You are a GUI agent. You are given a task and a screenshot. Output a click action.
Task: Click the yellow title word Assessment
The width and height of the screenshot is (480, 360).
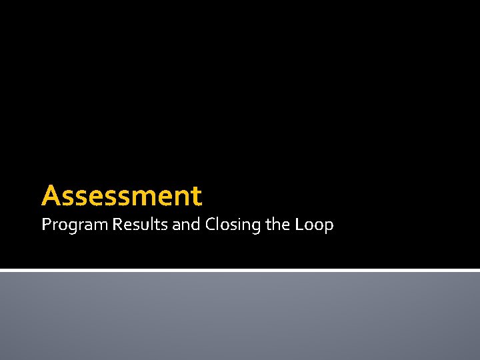coord(121,196)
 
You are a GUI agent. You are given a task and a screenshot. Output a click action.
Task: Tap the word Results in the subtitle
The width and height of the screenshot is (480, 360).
coord(140,225)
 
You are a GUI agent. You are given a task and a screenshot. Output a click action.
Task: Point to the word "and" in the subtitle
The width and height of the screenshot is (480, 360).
coord(186,225)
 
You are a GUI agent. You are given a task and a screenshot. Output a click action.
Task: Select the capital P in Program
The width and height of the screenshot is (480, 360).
coord(45,225)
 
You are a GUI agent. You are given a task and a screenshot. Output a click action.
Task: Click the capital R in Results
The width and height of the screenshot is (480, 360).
coord(117,225)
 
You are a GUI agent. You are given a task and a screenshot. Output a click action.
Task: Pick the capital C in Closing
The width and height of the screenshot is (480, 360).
coord(210,225)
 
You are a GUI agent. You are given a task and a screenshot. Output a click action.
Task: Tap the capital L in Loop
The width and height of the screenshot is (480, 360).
coord(297,225)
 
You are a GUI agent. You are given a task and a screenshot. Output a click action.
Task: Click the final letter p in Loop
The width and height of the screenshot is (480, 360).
coord(329,227)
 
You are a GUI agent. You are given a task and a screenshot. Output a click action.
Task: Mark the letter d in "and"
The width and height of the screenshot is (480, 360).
coord(196,225)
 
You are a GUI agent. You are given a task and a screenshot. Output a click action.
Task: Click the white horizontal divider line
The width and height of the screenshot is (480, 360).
coord(240,270)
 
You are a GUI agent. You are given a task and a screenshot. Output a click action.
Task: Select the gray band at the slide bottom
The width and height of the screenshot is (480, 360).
coord(240,316)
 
